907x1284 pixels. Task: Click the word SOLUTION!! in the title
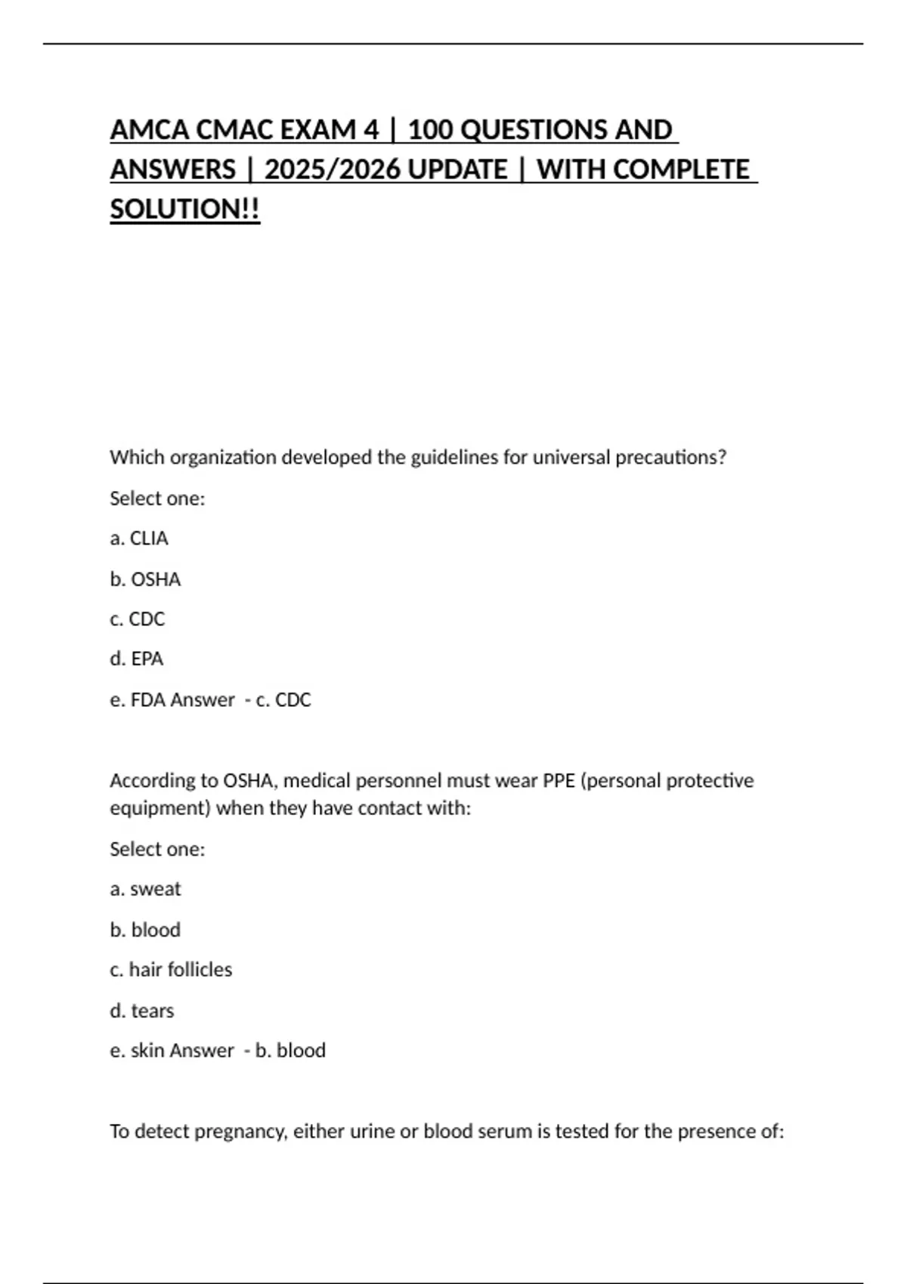(x=185, y=209)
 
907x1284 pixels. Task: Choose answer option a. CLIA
(x=139, y=539)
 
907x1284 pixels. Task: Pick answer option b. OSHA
(x=145, y=579)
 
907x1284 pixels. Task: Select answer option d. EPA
(x=137, y=659)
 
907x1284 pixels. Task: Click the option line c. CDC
(x=138, y=619)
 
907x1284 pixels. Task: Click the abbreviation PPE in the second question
(x=559, y=780)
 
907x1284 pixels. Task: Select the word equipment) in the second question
(x=160, y=808)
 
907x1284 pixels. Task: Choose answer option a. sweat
(x=146, y=889)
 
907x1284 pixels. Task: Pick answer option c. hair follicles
(x=171, y=970)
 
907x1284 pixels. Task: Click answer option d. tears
(x=142, y=1011)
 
